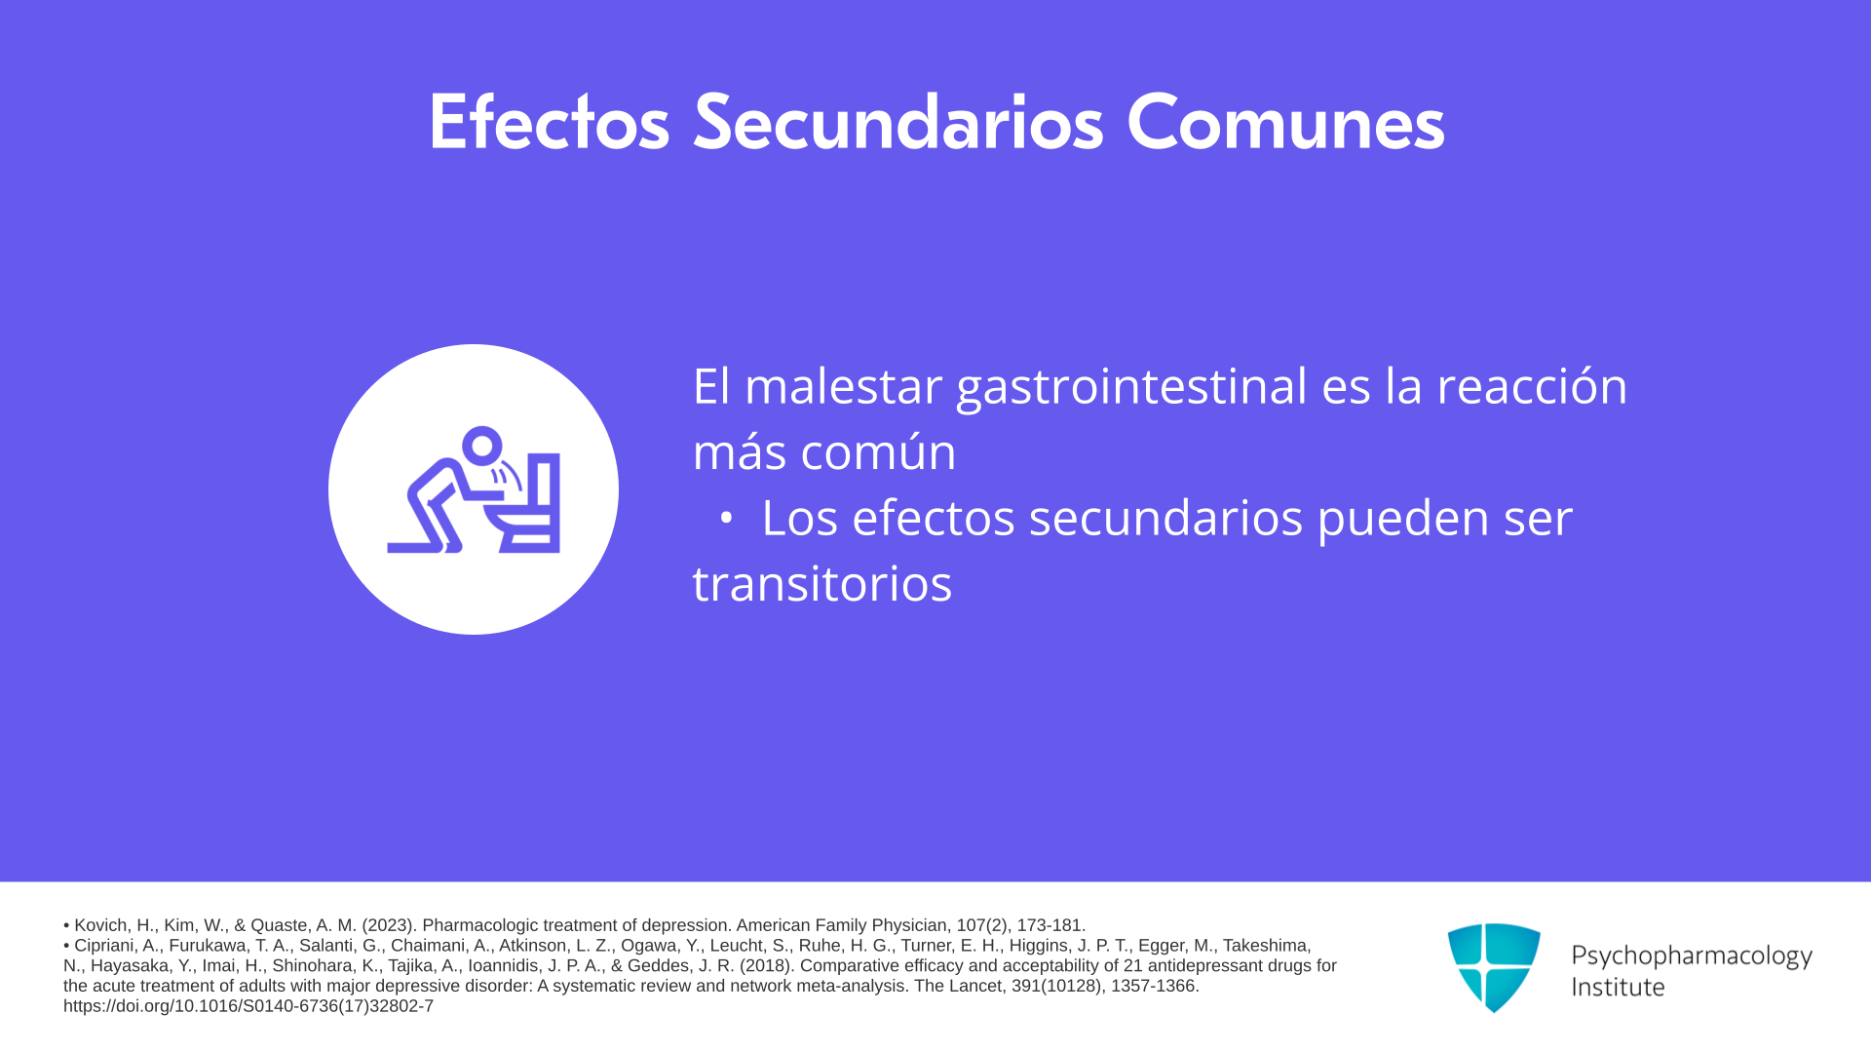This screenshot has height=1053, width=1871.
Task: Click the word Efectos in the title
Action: point(549,122)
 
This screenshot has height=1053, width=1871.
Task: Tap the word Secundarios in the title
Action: point(898,122)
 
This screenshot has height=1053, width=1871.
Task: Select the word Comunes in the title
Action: point(1285,122)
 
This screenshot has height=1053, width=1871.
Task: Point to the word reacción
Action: point(1532,385)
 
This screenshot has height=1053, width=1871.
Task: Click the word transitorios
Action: point(821,583)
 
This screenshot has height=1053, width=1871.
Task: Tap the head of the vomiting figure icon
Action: point(481,447)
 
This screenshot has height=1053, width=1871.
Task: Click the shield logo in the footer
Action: point(1494,967)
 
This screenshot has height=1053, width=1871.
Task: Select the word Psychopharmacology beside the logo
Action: point(1692,956)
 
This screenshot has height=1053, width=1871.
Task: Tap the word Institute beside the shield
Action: point(1618,987)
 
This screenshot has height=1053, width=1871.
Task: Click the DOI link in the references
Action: point(248,1006)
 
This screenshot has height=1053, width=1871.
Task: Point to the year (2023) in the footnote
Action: point(390,925)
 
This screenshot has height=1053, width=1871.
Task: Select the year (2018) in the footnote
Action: point(768,966)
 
